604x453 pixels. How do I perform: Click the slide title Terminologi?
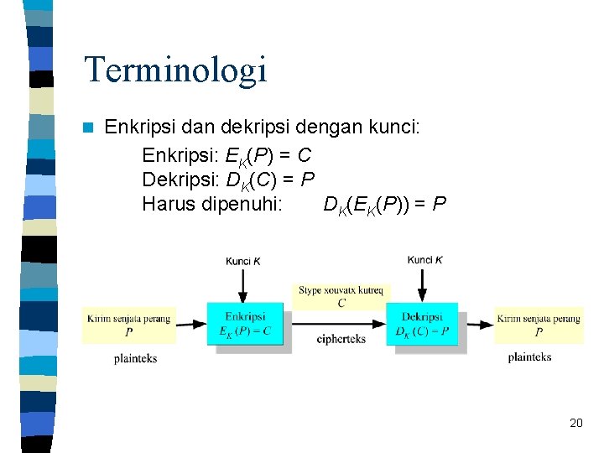point(175,69)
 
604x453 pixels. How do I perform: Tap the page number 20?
point(575,423)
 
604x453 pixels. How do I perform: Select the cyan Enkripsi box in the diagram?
point(245,324)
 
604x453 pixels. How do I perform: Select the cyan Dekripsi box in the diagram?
point(422,324)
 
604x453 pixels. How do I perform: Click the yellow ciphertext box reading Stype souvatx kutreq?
point(341,297)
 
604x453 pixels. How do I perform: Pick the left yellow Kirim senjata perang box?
point(129,325)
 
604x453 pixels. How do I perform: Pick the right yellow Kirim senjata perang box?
point(539,325)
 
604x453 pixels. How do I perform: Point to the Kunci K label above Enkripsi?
point(242,261)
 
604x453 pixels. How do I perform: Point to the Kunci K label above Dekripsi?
point(424,260)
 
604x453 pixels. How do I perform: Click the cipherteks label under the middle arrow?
point(341,339)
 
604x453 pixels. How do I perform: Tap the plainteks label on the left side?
point(135,358)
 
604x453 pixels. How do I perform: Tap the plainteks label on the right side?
point(529,357)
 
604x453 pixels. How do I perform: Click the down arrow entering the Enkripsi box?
point(242,285)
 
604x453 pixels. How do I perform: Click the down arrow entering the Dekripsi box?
point(422,285)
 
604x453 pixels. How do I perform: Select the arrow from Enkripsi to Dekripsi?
point(336,324)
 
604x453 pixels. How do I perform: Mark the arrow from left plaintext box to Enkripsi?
point(191,324)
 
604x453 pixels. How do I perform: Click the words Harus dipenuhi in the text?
point(212,204)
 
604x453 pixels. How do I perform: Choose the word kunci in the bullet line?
point(393,128)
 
